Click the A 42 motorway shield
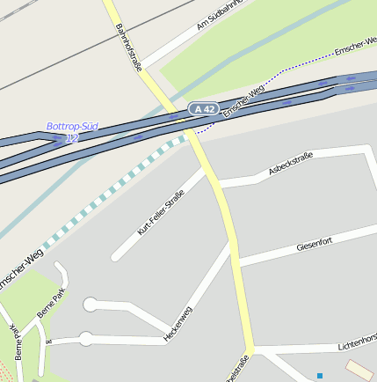[x=204, y=108]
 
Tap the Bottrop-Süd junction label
[x=72, y=127]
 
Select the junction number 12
[x=72, y=138]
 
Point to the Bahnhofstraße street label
[x=128, y=46]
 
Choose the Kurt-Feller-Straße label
[x=161, y=213]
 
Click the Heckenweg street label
[x=178, y=323]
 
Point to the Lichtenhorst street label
[x=357, y=338]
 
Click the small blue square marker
[x=320, y=376]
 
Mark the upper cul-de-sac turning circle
[x=90, y=305]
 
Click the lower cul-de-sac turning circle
[x=86, y=338]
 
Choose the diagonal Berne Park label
[x=51, y=302]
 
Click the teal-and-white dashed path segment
[x=114, y=188]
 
